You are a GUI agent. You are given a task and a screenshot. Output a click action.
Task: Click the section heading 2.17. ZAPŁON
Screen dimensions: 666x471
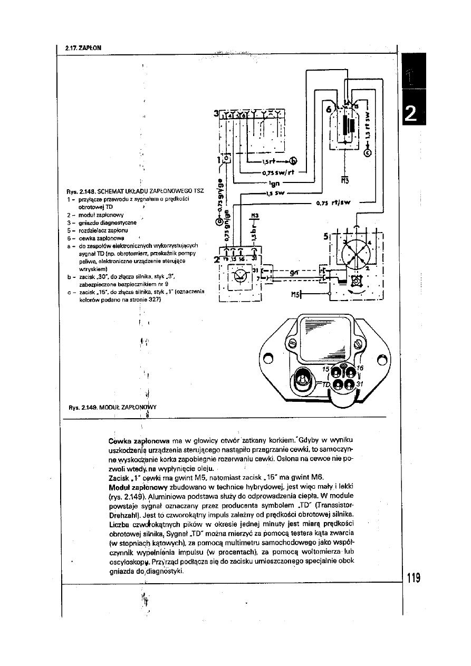click(83, 49)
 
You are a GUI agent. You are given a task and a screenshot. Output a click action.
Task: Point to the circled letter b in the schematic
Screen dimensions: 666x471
click(293, 161)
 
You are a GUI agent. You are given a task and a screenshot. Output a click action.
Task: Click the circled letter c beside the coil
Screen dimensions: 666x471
click(368, 153)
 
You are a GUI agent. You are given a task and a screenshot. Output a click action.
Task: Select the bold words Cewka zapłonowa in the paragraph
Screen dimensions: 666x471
click(138, 439)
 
